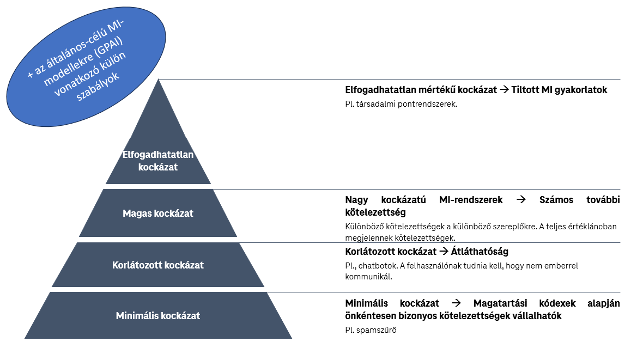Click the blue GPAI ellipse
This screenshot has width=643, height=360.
click(x=86, y=66)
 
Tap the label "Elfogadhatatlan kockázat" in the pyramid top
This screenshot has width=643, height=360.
click(x=158, y=161)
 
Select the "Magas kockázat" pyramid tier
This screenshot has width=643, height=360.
click(x=158, y=213)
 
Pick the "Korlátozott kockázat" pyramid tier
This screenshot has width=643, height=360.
click(x=158, y=265)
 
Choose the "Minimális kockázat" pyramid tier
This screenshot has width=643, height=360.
click(x=158, y=315)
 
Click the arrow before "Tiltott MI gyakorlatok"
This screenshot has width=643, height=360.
click(x=504, y=90)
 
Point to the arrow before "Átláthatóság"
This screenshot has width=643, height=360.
click(x=444, y=251)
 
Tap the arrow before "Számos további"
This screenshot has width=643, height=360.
click(x=521, y=200)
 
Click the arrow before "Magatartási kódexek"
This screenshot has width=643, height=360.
click(x=456, y=303)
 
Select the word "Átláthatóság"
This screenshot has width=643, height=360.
click(x=480, y=251)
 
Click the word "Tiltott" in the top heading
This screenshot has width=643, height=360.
click(x=525, y=90)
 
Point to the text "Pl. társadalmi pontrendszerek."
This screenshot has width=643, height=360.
click(x=401, y=104)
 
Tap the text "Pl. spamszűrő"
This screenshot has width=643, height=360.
click(x=371, y=330)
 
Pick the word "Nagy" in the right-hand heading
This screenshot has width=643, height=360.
click(x=356, y=200)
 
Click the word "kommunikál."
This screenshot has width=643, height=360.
click(x=369, y=277)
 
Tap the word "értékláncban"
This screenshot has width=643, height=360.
click(x=593, y=227)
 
